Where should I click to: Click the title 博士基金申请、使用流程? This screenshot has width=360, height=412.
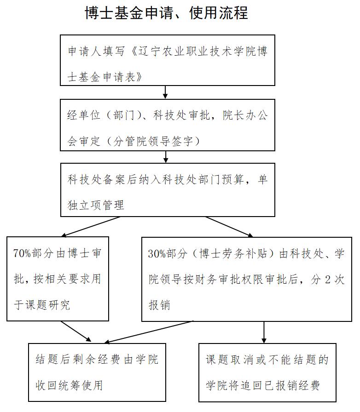[x=166, y=13]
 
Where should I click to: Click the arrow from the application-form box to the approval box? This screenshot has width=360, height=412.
[x=165, y=92]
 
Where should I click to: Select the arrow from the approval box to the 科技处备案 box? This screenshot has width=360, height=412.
[x=166, y=157]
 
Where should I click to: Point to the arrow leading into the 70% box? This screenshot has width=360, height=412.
[x=91, y=227]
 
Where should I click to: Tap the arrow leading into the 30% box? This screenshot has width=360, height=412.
[x=229, y=227]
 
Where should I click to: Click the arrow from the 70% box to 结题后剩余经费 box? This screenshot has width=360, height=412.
[x=76, y=332]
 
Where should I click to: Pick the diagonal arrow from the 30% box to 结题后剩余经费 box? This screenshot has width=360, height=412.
[x=149, y=332]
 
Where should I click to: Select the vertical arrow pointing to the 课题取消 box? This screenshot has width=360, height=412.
[x=264, y=332]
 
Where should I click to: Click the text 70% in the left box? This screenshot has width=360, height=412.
[x=22, y=253]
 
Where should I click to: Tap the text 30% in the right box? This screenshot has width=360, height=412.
[x=157, y=253]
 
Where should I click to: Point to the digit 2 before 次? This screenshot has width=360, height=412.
[x=328, y=280]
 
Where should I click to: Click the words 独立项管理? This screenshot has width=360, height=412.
[x=96, y=205]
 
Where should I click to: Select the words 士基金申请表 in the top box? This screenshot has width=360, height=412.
[x=101, y=77]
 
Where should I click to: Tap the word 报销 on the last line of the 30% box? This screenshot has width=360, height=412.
[x=159, y=305]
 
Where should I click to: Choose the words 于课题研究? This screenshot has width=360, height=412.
[x=42, y=305]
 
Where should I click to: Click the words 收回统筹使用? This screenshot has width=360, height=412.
[x=69, y=385]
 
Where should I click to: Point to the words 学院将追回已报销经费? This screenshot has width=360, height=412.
[x=263, y=385]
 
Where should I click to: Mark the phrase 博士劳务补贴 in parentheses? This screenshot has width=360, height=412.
[x=233, y=253]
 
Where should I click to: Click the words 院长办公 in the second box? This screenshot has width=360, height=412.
[x=245, y=115]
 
